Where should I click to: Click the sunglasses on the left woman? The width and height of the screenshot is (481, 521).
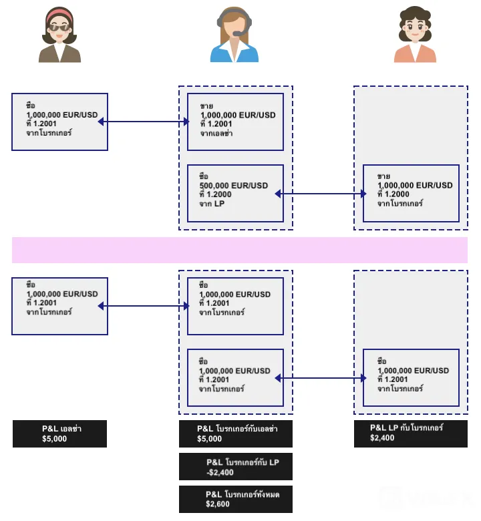point(59,27)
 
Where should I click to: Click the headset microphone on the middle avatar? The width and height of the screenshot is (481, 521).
point(238,33)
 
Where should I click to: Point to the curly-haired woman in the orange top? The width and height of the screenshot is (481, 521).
point(415,34)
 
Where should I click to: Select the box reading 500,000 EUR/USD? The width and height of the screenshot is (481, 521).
point(235,193)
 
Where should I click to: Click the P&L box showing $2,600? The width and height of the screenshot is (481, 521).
point(236,499)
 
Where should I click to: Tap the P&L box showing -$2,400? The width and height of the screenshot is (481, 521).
point(236,466)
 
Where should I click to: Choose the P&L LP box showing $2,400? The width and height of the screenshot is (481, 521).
point(411,433)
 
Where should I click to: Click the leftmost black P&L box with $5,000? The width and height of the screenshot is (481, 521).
point(60,433)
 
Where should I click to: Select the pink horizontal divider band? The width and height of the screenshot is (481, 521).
point(240,250)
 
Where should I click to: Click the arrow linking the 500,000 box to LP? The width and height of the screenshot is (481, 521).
point(321,194)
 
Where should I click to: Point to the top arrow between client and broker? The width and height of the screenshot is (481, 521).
point(144,122)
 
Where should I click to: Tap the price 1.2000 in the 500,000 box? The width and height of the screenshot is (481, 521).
point(219,194)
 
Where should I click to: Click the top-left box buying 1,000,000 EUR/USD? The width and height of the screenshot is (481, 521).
point(60,122)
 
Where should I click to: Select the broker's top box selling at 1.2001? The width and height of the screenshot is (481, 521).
point(235,122)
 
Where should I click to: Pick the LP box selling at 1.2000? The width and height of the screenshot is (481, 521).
point(411,193)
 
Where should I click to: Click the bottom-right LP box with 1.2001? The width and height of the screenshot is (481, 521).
point(411,377)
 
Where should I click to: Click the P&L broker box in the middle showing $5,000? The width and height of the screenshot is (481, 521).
point(236,433)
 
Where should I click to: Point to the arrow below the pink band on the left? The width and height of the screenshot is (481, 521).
point(144,306)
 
